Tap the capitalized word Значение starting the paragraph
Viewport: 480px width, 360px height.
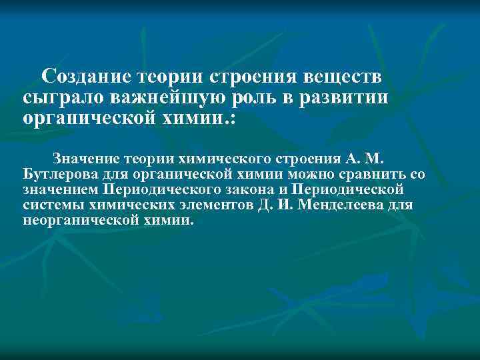(x=85, y=159)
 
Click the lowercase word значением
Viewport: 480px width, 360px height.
(x=60, y=190)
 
